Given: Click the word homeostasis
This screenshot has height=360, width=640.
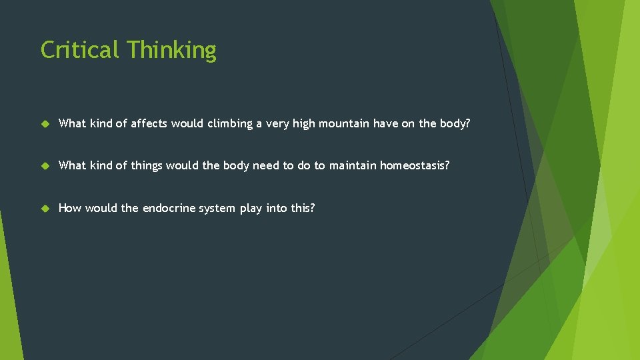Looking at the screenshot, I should click(x=415, y=165).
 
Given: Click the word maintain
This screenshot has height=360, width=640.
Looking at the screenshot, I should click(x=353, y=165).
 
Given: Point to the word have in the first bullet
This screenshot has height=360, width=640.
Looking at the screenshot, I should click(x=386, y=123).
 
